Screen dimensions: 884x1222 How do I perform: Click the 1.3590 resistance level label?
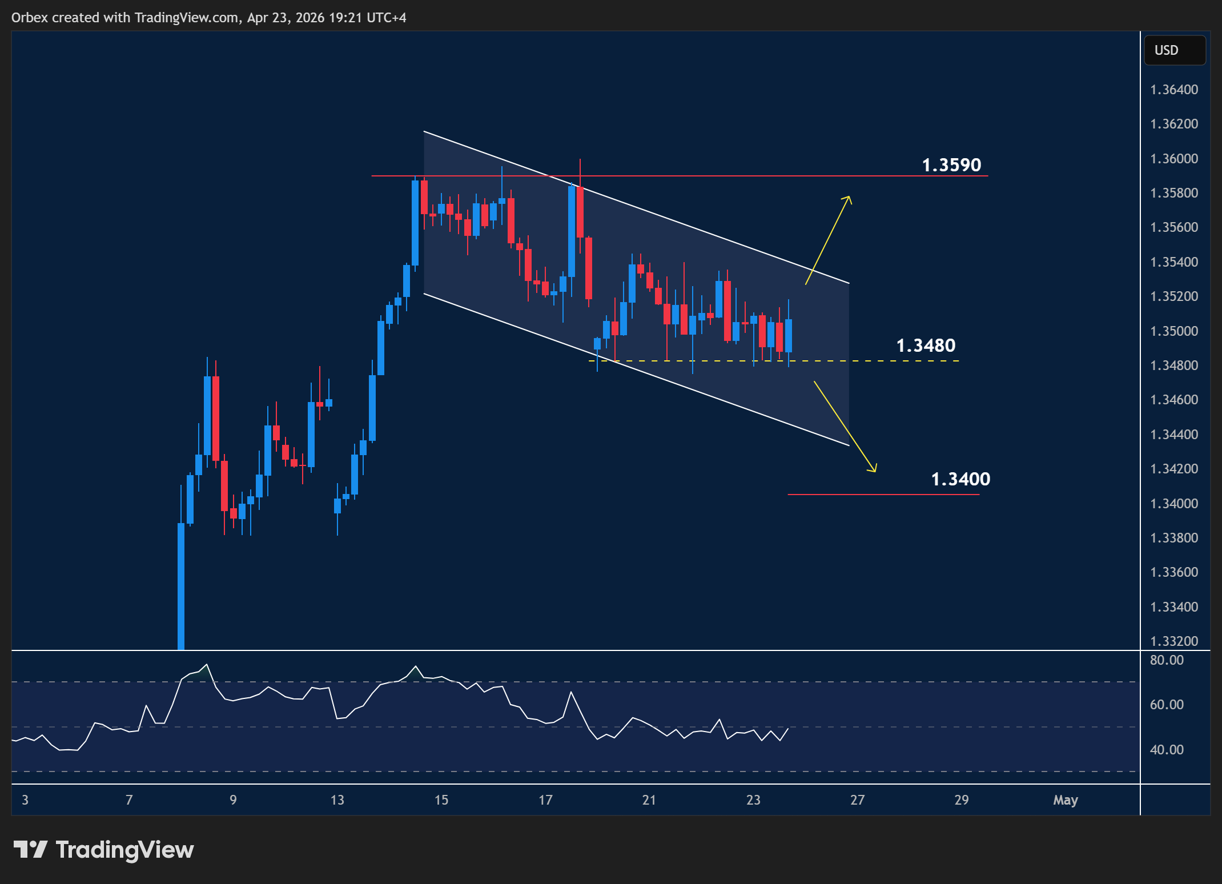951,165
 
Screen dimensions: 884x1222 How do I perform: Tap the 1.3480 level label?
926,345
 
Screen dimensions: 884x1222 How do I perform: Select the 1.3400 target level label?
960,479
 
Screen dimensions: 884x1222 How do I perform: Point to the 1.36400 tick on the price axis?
1174,90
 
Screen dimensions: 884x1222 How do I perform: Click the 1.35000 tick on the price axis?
1174,331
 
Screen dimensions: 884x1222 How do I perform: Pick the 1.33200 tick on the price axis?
1174,641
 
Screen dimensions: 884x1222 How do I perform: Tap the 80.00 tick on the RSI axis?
1167,660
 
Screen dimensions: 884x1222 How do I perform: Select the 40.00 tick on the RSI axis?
1167,749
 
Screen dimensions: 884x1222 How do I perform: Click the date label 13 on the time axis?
337,800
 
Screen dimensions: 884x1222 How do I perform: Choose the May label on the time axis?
1066,800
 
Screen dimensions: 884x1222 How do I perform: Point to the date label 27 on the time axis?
858,800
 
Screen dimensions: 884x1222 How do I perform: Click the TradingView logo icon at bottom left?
30,850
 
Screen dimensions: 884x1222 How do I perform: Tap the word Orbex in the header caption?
30,18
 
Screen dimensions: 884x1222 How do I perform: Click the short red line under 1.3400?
883,495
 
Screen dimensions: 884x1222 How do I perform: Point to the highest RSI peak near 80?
207,665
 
